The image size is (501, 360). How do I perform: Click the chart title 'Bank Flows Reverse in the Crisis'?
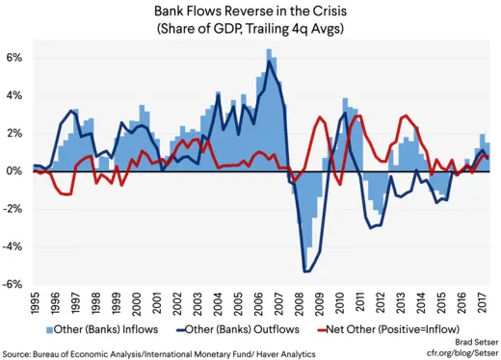pyautogui.click(x=250, y=11)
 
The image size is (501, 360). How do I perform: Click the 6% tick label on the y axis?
pyautogui.click(x=14, y=58)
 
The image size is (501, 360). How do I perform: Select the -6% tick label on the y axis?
pyautogui.click(x=13, y=285)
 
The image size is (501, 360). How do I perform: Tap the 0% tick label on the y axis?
pyautogui.click(x=14, y=171)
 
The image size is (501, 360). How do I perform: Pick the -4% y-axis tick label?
pyautogui.click(x=13, y=247)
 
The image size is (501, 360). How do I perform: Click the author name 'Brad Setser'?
pyautogui.click(x=471, y=343)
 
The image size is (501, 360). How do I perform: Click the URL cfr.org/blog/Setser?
pyautogui.click(x=461, y=354)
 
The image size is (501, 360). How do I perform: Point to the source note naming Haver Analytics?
pyautogui.click(x=154, y=354)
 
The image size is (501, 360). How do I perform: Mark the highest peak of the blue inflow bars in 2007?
pyautogui.click(x=269, y=50)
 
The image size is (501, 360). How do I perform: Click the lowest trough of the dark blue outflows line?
pyautogui.click(x=307, y=271)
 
